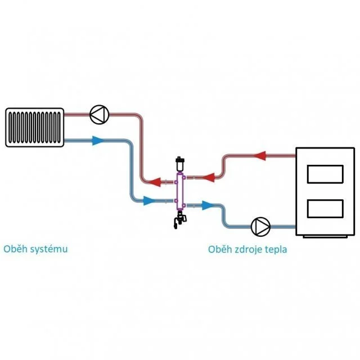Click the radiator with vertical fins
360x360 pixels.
point(35,127)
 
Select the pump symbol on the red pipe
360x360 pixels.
point(99,115)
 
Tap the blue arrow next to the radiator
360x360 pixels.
point(98,141)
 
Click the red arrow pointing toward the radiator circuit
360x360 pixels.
point(155,182)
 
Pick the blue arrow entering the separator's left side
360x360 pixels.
point(149,201)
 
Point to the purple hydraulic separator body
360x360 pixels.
point(180,192)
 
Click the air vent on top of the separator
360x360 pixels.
point(179,164)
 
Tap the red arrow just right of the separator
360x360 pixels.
point(209,177)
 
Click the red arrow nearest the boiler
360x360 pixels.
point(260,156)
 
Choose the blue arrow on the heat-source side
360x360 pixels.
point(208,205)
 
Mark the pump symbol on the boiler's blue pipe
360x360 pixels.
point(260,227)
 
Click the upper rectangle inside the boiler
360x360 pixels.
point(325,174)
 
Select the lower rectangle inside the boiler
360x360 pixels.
point(325,209)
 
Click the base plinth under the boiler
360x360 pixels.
point(325,237)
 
